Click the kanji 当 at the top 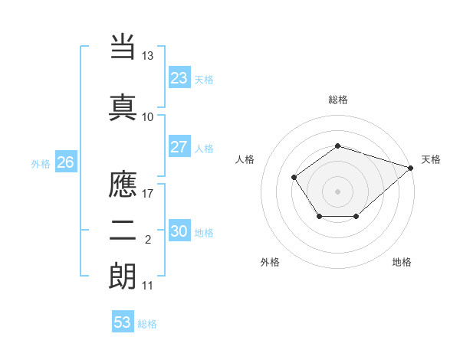(x=123, y=46)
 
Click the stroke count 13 (x=148, y=56)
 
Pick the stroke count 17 (x=148, y=193)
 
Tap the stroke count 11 (x=148, y=286)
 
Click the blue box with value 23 (x=179, y=78)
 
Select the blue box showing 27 (x=179, y=147)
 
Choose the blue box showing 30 (x=179, y=231)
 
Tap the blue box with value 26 (x=65, y=162)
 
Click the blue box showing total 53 (x=123, y=322)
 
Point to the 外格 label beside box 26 (x=41, y=163)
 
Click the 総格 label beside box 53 (x=147, y=324)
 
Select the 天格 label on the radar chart (x=431, y=159)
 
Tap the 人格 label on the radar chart (x=245, y=159)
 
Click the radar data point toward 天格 (x=411, y=168)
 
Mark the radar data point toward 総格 (x=337, y=146)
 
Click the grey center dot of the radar (x=337, y=191)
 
